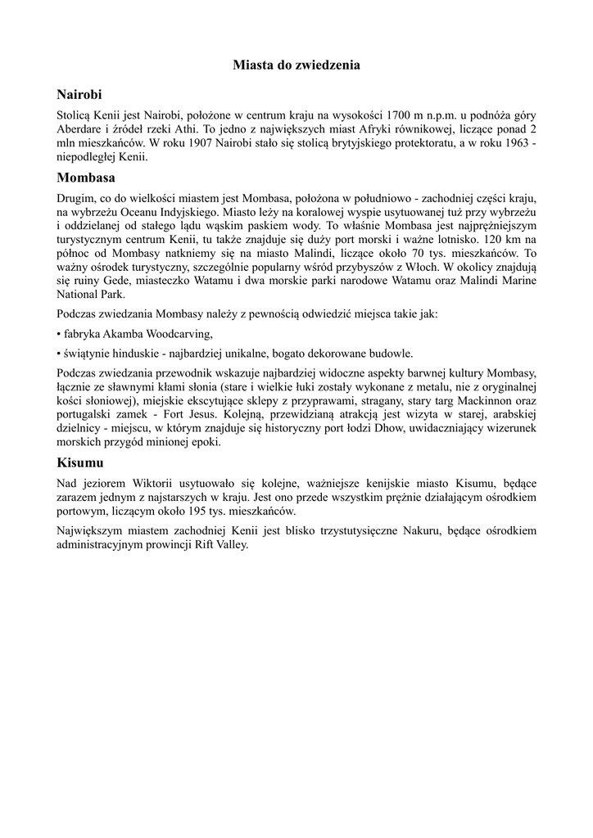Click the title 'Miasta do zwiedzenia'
[296, 63]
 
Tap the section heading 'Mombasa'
[86, 177]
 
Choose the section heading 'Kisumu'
[81, 463]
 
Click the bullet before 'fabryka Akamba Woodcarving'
[59, 333]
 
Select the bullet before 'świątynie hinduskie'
[59, 354]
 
